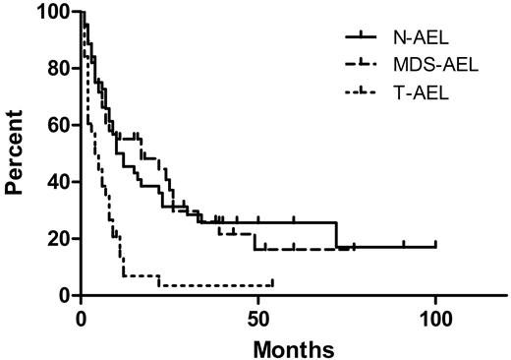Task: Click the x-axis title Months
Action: coord(296,347)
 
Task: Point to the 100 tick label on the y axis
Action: coord(55,13)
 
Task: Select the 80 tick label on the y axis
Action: coord(60,70)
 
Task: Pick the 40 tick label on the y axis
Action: coord(60,183)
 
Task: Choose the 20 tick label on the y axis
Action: coord(60,239)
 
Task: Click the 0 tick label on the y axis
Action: coord(65,296)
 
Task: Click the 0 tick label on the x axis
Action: coord(82,319)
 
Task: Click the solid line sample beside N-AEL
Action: coord(367,37)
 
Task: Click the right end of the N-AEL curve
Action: coord(435,246)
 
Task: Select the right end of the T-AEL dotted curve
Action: coord(272,284)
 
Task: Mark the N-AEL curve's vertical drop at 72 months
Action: coord(336,234)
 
